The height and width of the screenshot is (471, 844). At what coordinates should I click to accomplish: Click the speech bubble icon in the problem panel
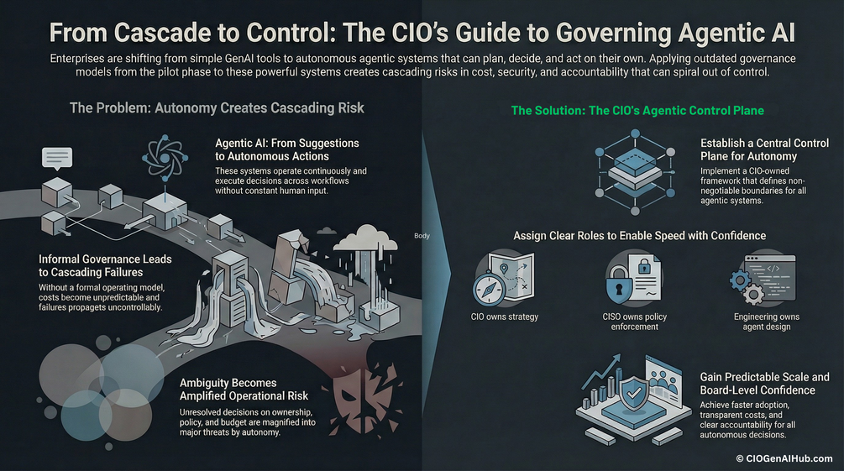57,158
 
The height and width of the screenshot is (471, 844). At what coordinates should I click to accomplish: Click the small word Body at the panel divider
422,236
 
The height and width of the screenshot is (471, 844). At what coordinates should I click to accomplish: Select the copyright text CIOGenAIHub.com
784,458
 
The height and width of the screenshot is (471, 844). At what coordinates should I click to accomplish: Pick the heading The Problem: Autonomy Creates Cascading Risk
217,108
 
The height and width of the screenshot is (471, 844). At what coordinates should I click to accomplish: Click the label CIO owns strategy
505,317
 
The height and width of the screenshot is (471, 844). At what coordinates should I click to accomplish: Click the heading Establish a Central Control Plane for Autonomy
764,149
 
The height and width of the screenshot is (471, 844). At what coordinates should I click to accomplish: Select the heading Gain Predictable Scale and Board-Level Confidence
764,384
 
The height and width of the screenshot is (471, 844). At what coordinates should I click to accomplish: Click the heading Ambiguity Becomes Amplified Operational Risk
244,390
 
